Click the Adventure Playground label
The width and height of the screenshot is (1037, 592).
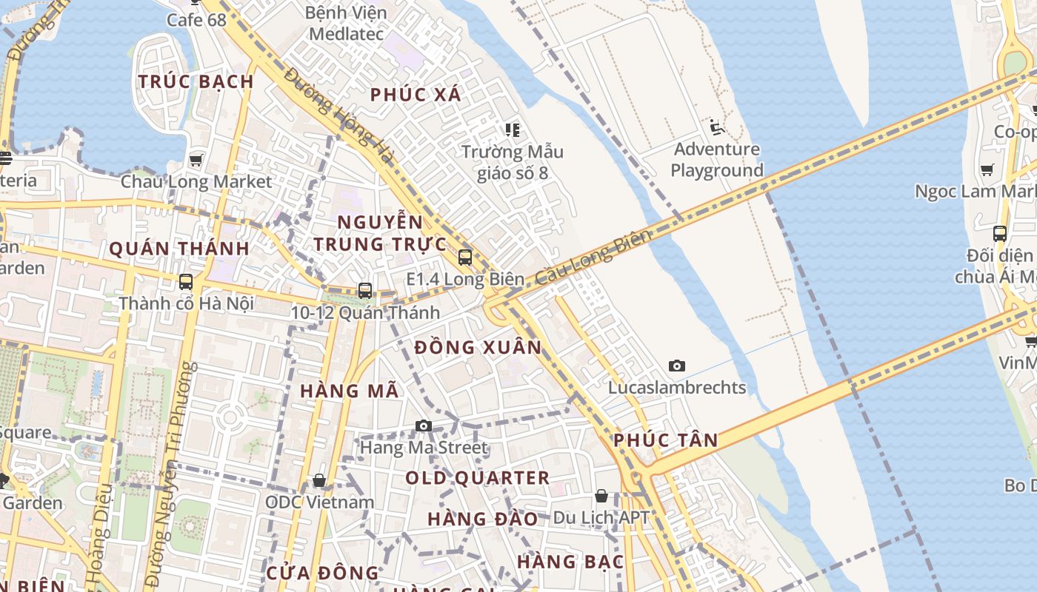[x=716, y=160]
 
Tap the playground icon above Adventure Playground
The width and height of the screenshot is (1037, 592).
[x=716, y=128]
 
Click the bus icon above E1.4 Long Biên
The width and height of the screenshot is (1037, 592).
[x=465, y=258]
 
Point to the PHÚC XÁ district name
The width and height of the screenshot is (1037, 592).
[x=416, y=95]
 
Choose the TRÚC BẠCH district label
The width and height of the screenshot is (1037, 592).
[x=196, y=81]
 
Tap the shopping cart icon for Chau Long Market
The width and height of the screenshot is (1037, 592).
[x=196, y=160]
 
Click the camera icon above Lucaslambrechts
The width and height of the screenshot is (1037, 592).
[x=676, y=366]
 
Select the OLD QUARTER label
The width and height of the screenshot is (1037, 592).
[x=478, y=478]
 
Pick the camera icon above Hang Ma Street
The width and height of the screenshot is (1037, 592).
[x=424, y=425]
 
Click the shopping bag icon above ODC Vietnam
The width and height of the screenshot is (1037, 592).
[x=319, y=481]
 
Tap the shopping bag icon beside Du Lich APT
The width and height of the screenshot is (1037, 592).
[x=601, y=496]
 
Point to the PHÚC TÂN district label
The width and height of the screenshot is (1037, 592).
[x=666, y=440]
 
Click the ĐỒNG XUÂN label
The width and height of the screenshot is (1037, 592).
[x=479, y=347]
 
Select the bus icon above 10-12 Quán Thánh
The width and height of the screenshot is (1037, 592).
[x=365, y=291]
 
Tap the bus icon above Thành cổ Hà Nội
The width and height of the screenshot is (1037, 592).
[x=186, y=282]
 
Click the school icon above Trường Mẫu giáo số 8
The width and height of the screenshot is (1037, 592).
[x=512, y=130]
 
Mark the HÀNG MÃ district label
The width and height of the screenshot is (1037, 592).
[x=350, y=391]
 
